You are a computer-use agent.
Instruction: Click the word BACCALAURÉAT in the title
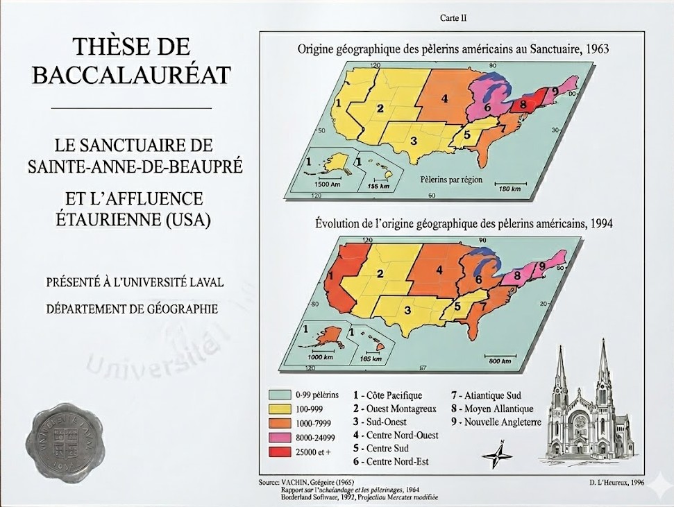click(131, 75)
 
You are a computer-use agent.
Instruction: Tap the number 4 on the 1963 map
click(444, 98)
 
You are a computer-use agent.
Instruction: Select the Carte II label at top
click(453, 18)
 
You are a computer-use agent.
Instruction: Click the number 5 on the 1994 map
click(456, 304)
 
